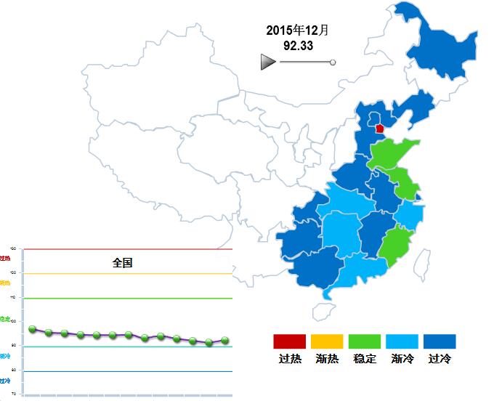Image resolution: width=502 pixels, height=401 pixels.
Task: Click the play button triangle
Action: click(267, 62)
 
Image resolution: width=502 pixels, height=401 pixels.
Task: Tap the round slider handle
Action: click(333, 63)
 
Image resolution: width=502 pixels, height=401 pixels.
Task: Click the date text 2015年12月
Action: click(298, 31)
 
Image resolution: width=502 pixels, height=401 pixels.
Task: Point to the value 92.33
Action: click(298, 46)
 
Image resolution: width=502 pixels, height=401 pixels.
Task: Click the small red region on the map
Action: click(379, 128)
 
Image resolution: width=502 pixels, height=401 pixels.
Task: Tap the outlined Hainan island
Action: click(323, 311)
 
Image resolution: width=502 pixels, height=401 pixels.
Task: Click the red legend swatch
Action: click(290, 341)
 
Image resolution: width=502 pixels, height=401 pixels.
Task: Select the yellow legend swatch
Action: click(328, 341)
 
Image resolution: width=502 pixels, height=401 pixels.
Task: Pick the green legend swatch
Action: click(365, 341)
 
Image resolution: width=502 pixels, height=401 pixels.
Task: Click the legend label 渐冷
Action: click(402, 359)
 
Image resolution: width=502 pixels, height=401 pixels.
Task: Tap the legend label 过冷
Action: click(440, 359)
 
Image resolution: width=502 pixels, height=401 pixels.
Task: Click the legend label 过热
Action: click(290, 359)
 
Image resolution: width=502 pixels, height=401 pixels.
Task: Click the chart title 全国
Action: click(123, 263)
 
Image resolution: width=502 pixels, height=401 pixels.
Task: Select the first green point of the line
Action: click(32, 329)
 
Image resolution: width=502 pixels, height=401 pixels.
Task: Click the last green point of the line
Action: click(225, 340)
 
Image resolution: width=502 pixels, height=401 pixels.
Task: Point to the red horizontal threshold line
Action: click(128, 249)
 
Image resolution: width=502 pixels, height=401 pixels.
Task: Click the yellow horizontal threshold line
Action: click(128, 274)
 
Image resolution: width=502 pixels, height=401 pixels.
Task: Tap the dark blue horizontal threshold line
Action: click(128, 371)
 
